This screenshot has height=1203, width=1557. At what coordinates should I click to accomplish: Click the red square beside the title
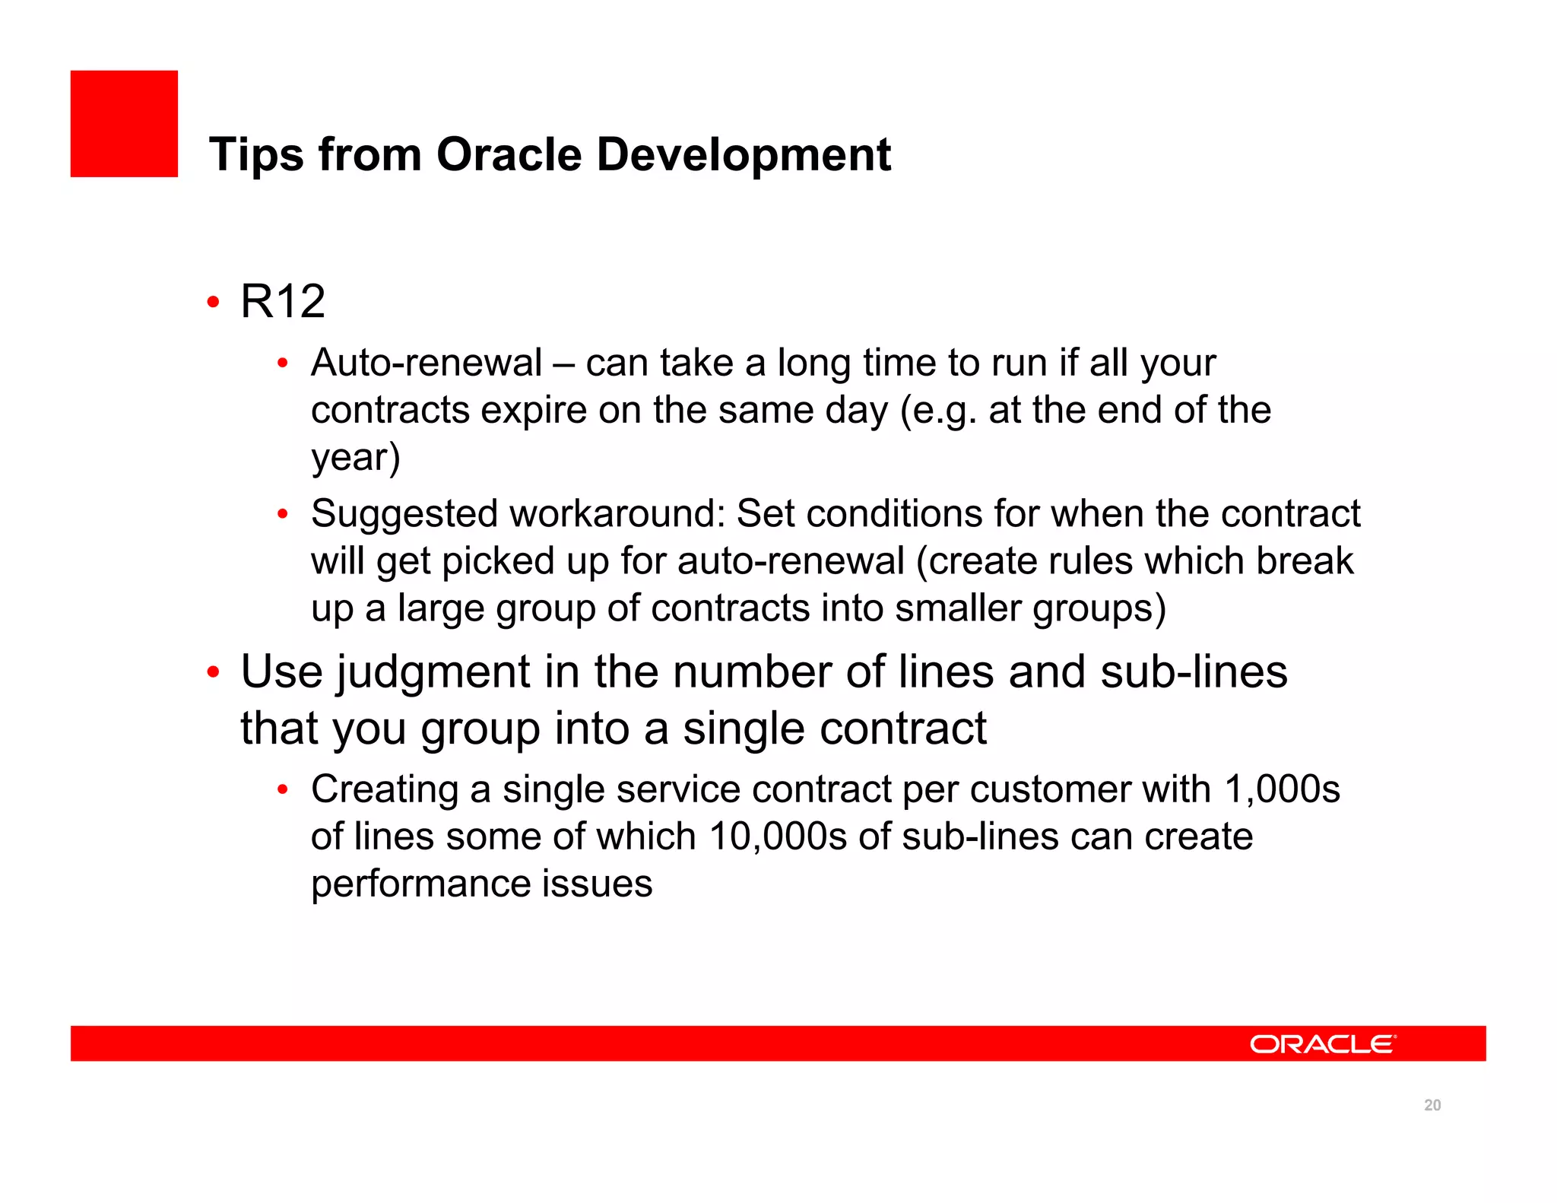pos(124,124)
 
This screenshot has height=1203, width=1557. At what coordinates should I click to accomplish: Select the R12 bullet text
pos(283,301)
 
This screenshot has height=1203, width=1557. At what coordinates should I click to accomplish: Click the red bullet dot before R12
pos(214,303)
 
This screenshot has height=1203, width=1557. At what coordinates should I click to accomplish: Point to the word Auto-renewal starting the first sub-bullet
pos(427,363)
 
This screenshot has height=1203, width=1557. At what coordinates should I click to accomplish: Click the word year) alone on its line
pos(355,457)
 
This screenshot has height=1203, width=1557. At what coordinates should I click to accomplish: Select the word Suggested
pos(404,515)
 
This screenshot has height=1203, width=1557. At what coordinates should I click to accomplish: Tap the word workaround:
pos(618,513)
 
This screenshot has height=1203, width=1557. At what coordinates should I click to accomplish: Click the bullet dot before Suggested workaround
pos(282,515)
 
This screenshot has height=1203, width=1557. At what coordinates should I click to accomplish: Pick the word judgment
pos(433,673)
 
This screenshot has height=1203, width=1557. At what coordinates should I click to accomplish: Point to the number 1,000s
pos(1282,789)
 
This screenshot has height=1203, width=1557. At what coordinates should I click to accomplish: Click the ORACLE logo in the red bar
pos(1322,1044)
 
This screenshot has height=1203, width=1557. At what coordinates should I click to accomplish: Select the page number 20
pos(1432,1106)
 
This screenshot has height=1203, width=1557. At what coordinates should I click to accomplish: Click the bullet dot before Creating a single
pos(282,790)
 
